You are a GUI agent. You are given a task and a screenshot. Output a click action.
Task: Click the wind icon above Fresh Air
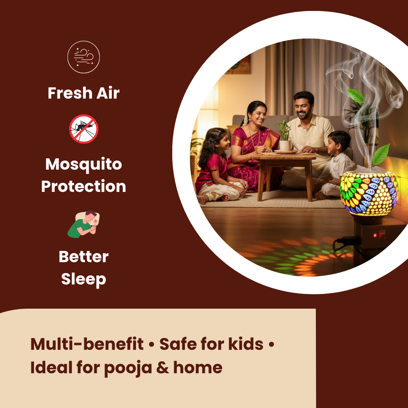click(83, 57)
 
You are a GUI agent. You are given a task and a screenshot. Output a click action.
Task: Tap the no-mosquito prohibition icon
click(84, 129)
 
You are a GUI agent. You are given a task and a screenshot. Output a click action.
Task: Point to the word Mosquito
click(83, 164)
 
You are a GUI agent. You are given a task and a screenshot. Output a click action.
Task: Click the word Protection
click(83, 186)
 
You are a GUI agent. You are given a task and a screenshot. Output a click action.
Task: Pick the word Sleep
click(83, 279)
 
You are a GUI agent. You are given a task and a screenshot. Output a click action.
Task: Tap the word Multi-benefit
click(87, 344)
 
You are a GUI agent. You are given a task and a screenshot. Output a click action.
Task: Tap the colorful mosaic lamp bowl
click(369, 193)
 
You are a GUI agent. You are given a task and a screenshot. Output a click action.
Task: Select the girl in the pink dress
click(216, 166)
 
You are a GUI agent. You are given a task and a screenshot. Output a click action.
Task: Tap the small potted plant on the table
click(284, 136)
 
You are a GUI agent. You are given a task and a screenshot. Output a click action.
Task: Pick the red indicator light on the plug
click(375, 235)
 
